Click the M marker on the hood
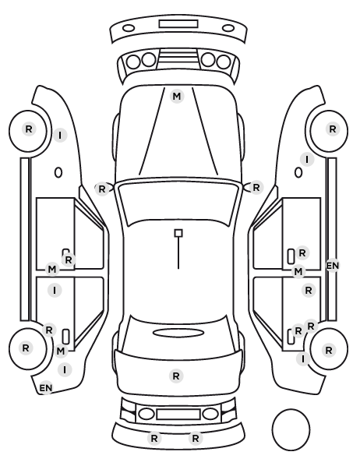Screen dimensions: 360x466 click(177, 97)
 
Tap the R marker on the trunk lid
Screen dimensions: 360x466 click(176, 376)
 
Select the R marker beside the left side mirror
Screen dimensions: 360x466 click(101, 189)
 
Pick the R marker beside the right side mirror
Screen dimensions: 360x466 click(256, 188)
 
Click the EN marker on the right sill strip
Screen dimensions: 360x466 click(333, 266)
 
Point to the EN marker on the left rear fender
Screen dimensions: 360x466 click(46, 388)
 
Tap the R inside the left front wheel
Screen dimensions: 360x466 click(29, 129)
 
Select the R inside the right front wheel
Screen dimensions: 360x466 click(333, 129)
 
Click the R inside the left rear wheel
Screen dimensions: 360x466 click(26, 348)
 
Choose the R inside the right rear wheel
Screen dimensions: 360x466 click(329, 351)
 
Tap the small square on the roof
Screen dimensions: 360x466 click(178, 233)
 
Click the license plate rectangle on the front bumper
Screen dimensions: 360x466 click(178, 24)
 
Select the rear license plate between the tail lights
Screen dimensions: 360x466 click(178, 415)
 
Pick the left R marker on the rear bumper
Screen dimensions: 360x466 click(154, 438)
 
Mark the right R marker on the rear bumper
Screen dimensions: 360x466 click(196, 438)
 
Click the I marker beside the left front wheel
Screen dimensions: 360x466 click(60, 136)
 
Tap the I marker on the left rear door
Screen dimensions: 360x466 click(55, 290)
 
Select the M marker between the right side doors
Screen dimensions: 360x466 click(298, 272)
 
